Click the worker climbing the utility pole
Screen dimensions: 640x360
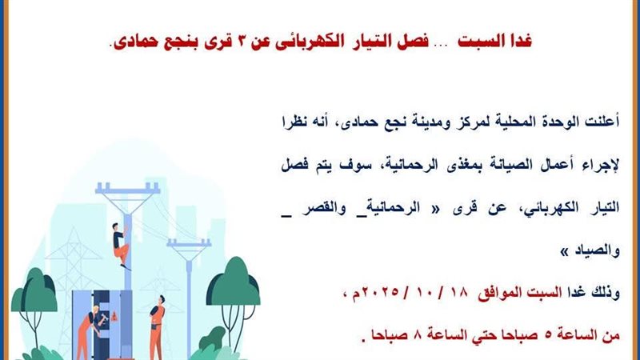click(x=121, y=246)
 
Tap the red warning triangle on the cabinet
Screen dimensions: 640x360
click(x=114, y=315)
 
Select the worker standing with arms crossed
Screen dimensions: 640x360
click(x=157, y=326)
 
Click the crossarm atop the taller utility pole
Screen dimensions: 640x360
click(x=127, y=189)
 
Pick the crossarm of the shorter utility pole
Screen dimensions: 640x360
click(x=189, y=243)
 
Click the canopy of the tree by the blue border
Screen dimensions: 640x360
click(x=34, y=290)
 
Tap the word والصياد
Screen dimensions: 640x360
click(x=597, y=250)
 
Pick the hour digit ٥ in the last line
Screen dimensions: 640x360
click(x=548, y=335)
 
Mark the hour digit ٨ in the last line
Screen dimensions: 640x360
click(x=417, y=335)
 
